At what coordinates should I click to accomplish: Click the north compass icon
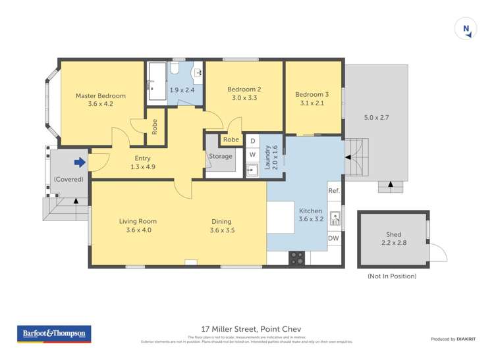pyautogui.click(x=466, y=29)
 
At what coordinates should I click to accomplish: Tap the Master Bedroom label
pyautogui.click(x=100, y=96)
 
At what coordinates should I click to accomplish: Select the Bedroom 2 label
pyautogui.click(x=244, y=90)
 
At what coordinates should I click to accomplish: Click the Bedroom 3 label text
pyautogui.click(x=312, y=94)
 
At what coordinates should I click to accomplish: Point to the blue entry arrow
pyautogui.click(x=80, y=162)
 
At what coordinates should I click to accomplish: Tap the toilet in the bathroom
pyautogui.click(x=175, y=70)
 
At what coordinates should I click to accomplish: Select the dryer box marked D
pyautogui.click(x=252, y=141)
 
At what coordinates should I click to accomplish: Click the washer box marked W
pyautogui.click(x=252, y=155)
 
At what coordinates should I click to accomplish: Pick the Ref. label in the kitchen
pyautogui.click(x=333, y=191)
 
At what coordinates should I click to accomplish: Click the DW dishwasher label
pyautogui.click(x=333, y=238)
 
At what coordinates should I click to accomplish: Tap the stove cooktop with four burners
pyautogui.click(x=297, y=258)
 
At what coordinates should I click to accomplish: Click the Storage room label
pyautogui.click(x=221, y=157)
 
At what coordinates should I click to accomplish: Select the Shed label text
pyautogui.click(x=393, y=234)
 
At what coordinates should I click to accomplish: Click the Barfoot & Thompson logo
pyautogui.click(x=53, y=334)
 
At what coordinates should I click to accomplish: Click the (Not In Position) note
pyautogui.click(x=392, y=276)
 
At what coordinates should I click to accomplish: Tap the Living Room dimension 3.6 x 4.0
pyautogui.click(x=138, y=230)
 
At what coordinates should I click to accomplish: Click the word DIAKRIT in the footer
pyautogui.click(x=468, y=339)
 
